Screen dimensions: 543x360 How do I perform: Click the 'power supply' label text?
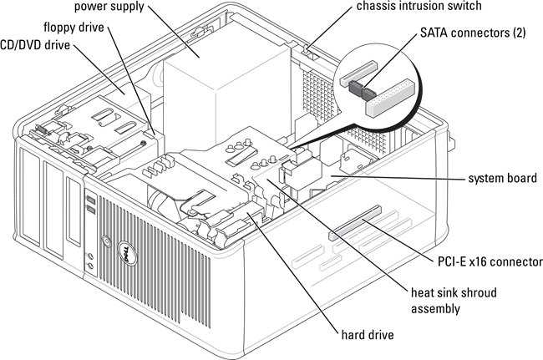109,7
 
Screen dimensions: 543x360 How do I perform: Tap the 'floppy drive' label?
74,27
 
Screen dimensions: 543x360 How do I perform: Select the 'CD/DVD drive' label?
35,45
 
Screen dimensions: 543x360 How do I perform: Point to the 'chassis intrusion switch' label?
419,6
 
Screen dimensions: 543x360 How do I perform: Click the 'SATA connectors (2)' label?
473,33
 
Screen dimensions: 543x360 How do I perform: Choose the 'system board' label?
502,178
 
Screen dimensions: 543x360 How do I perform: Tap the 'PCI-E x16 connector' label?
490,261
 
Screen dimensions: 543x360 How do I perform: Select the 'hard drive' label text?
368,335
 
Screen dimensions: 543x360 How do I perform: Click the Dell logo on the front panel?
126,253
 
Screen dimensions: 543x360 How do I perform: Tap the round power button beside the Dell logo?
106,241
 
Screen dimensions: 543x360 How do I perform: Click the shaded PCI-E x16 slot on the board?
354,223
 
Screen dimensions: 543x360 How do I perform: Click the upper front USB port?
90,200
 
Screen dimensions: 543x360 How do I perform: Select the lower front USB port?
90,210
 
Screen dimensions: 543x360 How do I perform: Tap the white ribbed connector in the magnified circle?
358,74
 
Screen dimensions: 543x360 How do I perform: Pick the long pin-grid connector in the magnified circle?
390,97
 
